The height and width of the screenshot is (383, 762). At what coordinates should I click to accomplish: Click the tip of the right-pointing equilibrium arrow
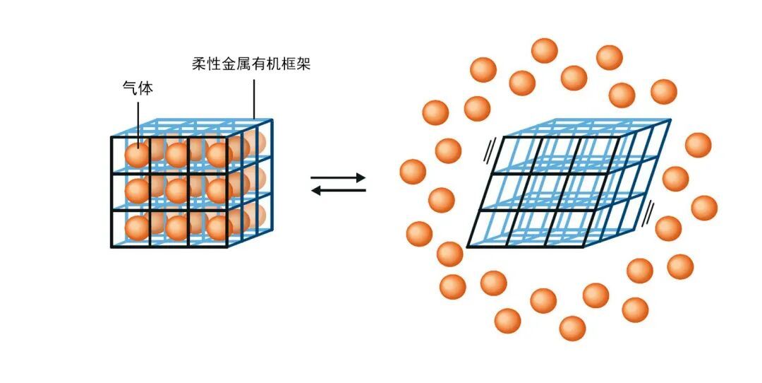365,177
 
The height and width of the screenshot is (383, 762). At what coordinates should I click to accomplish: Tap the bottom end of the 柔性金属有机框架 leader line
254,118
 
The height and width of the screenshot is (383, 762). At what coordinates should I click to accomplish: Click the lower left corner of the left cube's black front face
111,247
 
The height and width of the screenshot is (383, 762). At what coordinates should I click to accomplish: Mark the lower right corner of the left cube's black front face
227,247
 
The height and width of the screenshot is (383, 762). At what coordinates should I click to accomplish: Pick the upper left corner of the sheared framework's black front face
502,138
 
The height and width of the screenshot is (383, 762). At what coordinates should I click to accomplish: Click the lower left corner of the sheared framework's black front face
468,247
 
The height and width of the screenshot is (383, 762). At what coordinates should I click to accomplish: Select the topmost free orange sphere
544,51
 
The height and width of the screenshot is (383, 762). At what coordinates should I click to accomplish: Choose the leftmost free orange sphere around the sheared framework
413,172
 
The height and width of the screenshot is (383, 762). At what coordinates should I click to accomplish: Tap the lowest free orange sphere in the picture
572,329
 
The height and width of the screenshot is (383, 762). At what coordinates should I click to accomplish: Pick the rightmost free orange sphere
704,208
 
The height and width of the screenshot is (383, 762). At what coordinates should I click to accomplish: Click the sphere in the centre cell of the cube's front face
177,191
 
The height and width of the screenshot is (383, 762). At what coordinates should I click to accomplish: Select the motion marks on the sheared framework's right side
648,215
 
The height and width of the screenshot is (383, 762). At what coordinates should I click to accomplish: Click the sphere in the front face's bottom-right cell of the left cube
219,228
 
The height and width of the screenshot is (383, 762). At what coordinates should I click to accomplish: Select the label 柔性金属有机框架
250,64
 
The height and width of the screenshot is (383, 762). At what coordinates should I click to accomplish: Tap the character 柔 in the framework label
199,64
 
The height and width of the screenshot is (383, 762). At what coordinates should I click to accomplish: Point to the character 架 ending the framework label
303,64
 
